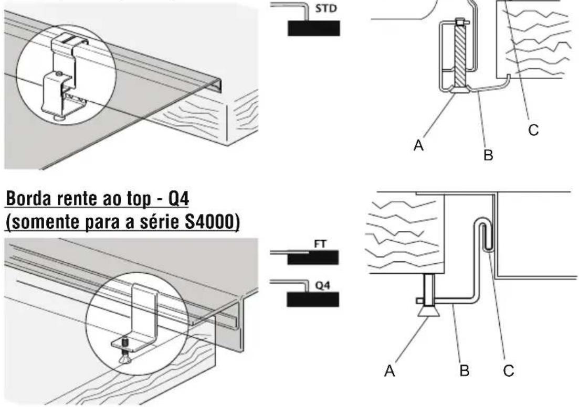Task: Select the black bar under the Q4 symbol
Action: click(x=313, y=298)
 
